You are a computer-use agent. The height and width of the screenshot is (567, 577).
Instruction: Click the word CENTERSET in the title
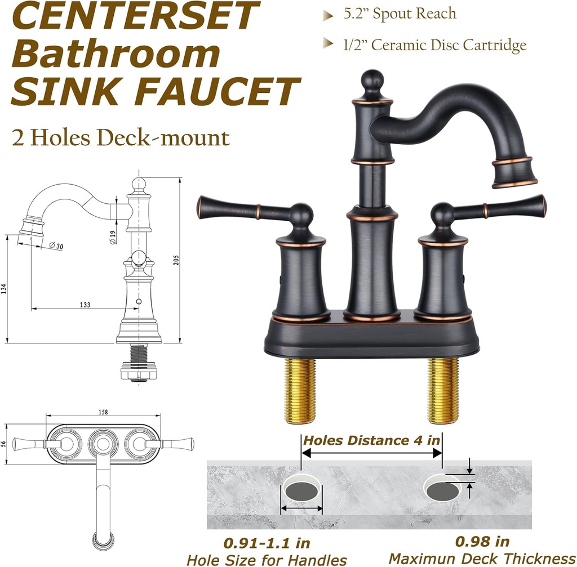[134, 16]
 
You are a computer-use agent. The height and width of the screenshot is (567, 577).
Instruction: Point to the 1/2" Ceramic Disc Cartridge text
[434, 45]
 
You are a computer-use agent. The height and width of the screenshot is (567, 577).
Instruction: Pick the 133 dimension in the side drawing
[85, 305]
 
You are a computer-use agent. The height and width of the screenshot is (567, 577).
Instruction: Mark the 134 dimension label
[5, 289]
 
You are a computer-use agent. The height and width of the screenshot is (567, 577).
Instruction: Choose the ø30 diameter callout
[56, 245]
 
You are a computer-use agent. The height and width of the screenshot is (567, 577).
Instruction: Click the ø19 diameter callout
[113, 238]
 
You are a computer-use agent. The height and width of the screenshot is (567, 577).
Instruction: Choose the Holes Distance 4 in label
[371, 440]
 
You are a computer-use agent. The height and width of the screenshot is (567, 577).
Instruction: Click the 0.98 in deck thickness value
[482, 542]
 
